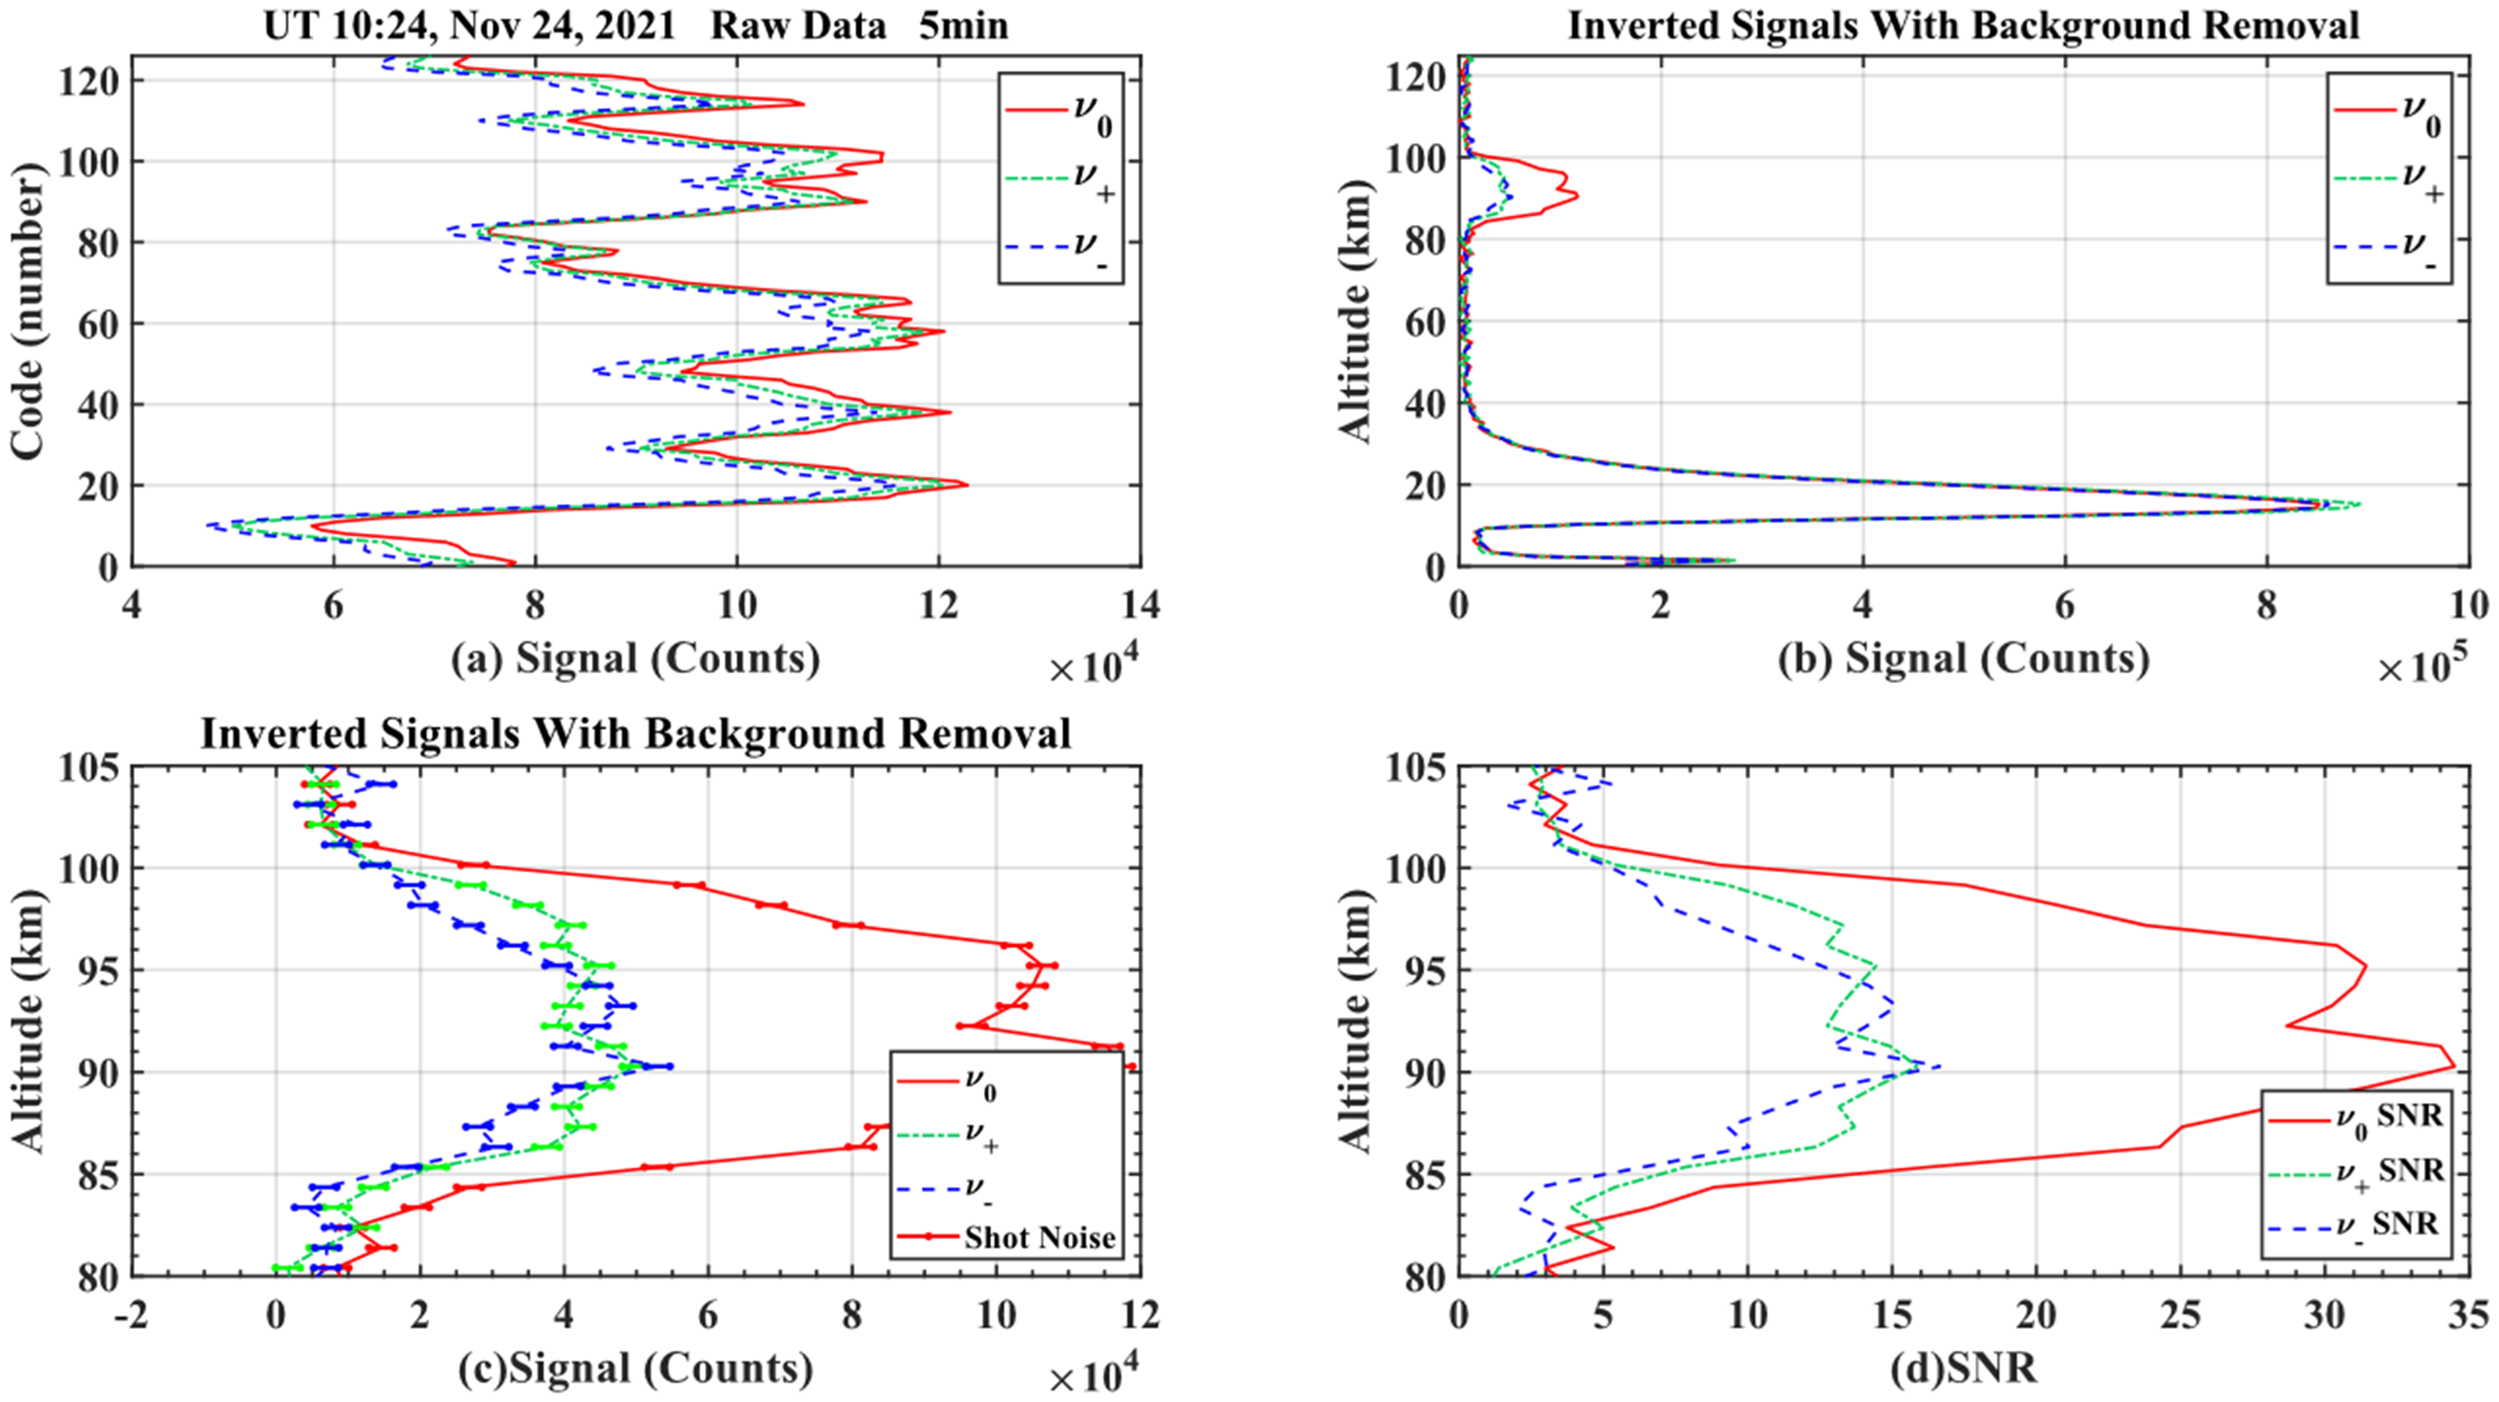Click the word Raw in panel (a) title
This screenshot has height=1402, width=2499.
[x=746, y=25]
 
